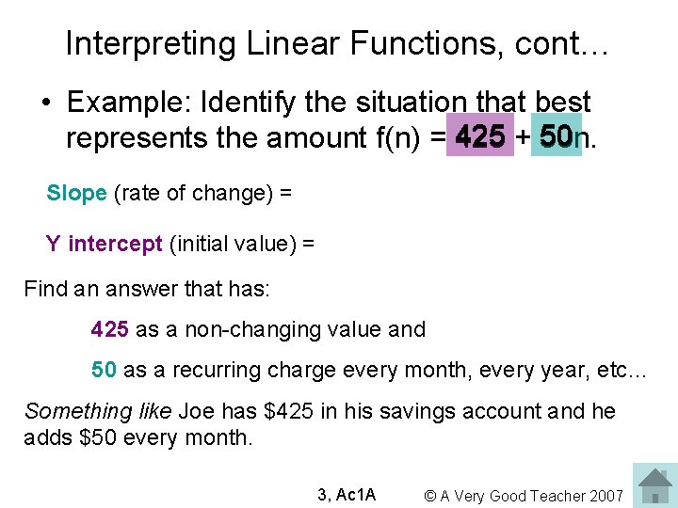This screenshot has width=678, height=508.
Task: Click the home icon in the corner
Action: (x=654, y=484)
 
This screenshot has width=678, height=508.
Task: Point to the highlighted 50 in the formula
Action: (x=557, y=138)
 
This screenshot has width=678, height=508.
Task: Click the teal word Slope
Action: (x=76, y=193)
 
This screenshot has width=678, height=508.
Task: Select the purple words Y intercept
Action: (x=104, y=245)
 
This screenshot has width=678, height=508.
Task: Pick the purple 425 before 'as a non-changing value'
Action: (x=111, y=329)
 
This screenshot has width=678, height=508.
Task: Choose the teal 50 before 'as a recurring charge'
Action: (x=104, y=370)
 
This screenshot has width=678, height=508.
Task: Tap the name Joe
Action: (x=196, y=411)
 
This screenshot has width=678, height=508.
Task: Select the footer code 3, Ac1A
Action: (x=347, y=495)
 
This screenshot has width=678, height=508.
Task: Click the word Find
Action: (x=42, y=289)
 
